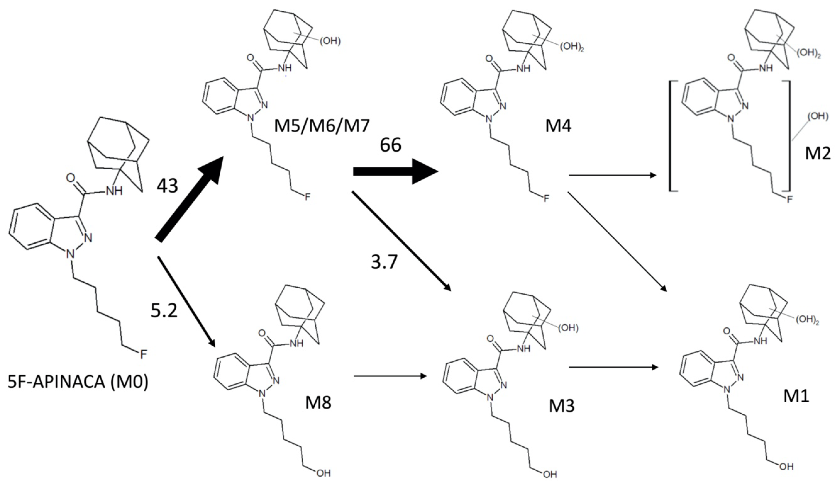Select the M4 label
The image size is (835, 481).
click(x=558, y=126)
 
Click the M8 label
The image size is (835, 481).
click(x=318, y=402)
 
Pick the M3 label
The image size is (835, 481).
click(x=561, y=406)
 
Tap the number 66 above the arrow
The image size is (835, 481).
click(x=391, y=145)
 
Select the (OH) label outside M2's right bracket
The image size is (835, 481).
click(x=818, y=117)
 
